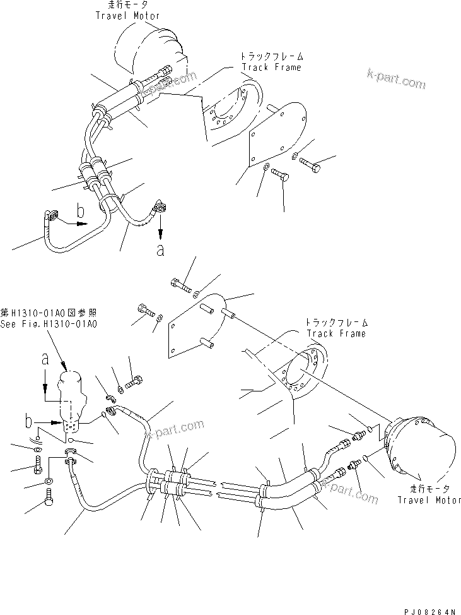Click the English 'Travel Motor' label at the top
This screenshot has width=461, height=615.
point(128,15)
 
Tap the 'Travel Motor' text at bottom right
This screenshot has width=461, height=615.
point(427,500)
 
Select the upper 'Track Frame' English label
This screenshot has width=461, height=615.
point(272,67)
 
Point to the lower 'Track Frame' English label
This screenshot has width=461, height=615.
point(336,333)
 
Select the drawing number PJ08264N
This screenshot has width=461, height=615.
point(429,611)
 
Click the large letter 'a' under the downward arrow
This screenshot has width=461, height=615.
point(160,250)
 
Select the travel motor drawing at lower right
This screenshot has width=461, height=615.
point(419,445)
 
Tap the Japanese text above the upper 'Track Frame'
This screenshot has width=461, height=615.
point(271,56)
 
